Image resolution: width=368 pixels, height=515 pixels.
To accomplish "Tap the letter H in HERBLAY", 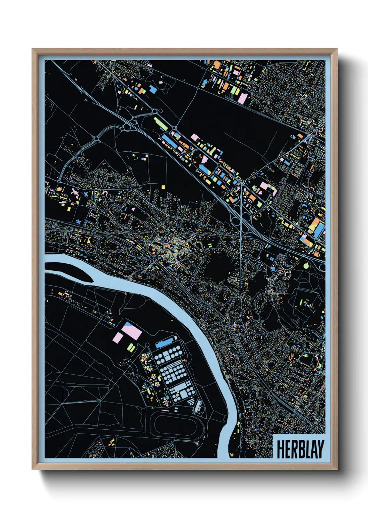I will point(280,449).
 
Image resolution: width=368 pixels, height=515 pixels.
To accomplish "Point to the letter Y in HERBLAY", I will point(320,449).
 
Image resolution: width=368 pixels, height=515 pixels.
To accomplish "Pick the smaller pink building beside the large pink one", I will point(118,337).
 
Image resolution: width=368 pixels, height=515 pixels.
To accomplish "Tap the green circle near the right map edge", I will point(306,266).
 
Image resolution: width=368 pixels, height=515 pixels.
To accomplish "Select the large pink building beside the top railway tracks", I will point(242,98).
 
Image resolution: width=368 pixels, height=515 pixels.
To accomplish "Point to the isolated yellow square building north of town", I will point(163,187).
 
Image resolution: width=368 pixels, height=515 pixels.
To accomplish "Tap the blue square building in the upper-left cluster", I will point(153,89).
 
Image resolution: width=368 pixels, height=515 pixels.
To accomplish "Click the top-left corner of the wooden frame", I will point(32,49).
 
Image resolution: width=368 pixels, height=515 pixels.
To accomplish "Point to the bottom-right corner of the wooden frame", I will point(337,469).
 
